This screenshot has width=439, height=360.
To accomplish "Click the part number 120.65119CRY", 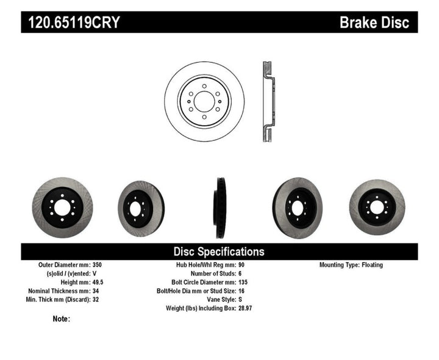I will click(x=72, y=23).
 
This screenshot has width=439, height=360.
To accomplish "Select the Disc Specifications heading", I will click(x=219, y=251).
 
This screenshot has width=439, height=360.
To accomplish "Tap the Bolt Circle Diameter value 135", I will click(x=242, y=283).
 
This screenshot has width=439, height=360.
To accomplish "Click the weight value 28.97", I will click(x=245, y=308).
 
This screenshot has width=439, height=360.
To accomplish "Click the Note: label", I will click(x=62, y=319).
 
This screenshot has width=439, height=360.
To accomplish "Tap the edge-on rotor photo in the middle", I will click(x=219, y=207).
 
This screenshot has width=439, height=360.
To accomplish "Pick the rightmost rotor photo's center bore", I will click(x=376, y=207).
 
